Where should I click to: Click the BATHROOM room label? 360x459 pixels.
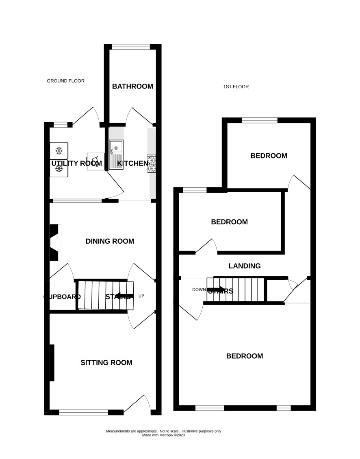tap(132, 87)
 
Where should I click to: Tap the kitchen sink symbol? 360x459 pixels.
tap(116, 155)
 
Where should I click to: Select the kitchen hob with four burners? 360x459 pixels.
tap(152, 163)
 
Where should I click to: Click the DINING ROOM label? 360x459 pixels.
tap(110, 241)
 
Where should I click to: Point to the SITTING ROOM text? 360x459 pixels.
tap(106, 363)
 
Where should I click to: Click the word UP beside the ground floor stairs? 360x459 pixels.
tap(141, 296)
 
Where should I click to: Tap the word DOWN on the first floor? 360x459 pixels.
tap(199, 290)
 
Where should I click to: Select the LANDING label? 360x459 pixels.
tap(245, 266)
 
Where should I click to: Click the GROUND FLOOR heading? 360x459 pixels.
tap(65, 81)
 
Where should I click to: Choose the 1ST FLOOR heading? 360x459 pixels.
tap(236, 87)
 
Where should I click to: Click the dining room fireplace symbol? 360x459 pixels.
tap(55, 242)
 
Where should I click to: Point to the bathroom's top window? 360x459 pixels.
tap(131, 47)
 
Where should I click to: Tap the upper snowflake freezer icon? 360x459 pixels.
tap(59, 151)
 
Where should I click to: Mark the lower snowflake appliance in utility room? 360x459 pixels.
tap(59, 169)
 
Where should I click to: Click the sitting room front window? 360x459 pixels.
tap(84, 412)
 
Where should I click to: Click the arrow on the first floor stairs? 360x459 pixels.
tap(216, 290)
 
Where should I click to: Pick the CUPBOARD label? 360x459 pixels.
tap(62, 297)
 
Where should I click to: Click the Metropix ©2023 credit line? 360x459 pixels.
tap(163, 435)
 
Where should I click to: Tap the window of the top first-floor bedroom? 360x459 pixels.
tap(260, 120)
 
